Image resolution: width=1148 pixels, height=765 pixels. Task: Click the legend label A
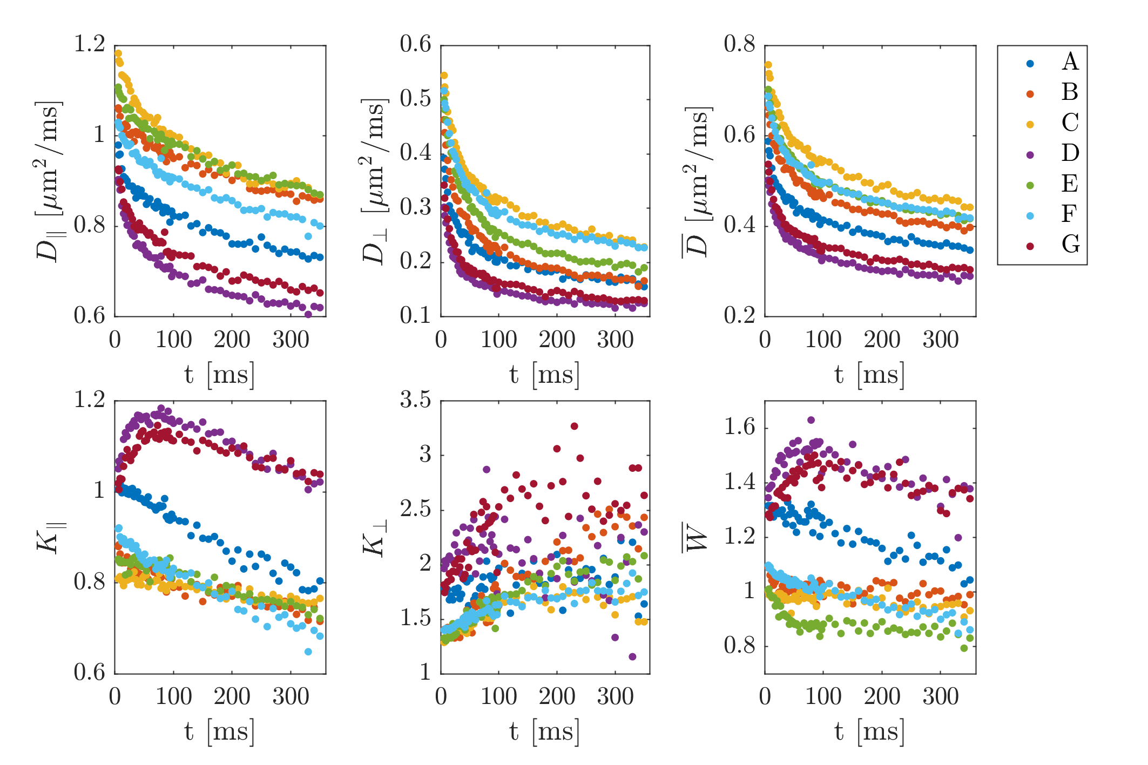point(1070,62)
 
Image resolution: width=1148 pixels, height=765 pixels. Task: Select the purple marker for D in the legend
point(1030,154)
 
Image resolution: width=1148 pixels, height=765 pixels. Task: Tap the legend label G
point(1070,245)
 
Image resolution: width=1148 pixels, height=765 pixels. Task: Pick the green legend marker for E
point(1030,185)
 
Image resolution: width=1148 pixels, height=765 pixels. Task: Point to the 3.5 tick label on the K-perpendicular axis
point(416,400)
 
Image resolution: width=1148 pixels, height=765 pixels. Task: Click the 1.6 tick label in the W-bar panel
point(739,428)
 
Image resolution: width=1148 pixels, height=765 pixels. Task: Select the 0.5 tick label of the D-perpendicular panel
point(416,99)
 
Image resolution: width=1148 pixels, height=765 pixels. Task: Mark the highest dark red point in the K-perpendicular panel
point(574,426)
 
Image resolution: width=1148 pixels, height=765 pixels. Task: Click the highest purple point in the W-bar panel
point(811,420)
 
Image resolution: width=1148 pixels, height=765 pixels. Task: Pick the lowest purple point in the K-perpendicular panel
point(632,656)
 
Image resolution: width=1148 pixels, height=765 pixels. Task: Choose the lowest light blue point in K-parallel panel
point(308,652)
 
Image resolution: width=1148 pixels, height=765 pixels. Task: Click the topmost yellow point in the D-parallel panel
point(118,53)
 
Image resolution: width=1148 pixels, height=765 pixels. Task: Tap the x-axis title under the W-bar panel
point(869,733)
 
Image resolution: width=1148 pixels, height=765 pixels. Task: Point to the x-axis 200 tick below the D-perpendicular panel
point(557,341)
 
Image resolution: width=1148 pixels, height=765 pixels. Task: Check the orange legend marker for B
point(1030,94)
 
